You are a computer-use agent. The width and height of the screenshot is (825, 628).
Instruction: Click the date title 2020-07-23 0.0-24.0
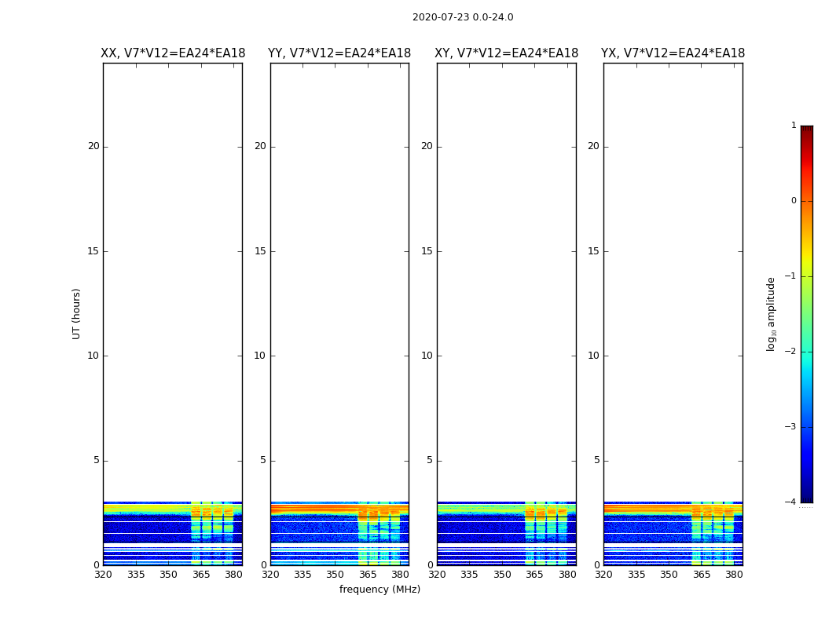[463, 17]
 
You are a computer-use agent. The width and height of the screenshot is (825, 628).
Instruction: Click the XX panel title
[173, 53]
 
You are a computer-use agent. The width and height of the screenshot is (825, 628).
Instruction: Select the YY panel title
[339, 53]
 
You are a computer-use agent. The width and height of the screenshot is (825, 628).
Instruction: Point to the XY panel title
[507, 53]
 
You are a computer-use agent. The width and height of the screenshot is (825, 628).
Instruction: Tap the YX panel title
[673, 53]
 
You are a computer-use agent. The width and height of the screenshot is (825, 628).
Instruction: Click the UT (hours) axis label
[76, 313]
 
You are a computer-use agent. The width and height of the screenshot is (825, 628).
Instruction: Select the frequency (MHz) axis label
[379, 590]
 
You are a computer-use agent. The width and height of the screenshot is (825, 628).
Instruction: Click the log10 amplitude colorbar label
[771, 313]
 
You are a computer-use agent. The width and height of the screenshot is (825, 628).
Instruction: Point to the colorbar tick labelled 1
[794, 126]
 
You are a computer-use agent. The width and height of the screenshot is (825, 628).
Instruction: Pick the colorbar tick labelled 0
[794, 201]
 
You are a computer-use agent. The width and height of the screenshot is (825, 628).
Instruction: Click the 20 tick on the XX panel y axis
[93, 146]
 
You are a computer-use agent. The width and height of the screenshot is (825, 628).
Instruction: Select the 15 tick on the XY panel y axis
[427, 251]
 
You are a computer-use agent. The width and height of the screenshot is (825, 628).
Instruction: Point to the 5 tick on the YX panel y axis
[596, 461]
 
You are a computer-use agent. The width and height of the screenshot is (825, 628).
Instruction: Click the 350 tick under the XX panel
[168, 575]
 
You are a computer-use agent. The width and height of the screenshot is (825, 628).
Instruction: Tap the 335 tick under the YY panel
[302, 575]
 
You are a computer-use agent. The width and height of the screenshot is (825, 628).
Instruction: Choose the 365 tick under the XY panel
[534, 575]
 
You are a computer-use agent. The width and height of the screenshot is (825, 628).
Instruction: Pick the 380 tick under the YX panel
[734, 575]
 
